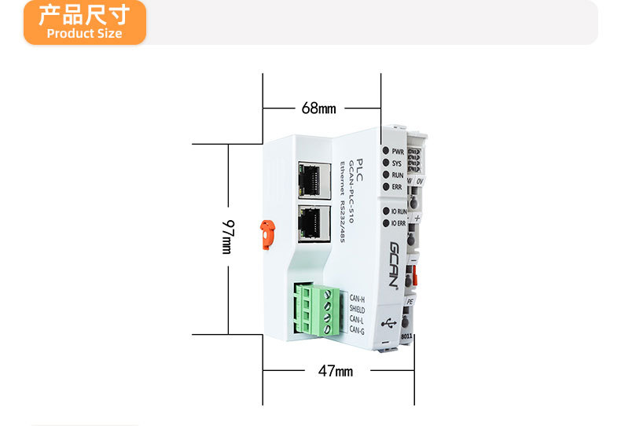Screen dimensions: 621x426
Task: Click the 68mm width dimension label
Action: (318, 108)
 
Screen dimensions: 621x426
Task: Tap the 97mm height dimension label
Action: (227, 236)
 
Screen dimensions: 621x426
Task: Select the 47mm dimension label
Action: (336, 370)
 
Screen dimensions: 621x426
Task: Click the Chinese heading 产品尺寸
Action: (83, 16)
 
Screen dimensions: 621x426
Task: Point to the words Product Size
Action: (84, 34)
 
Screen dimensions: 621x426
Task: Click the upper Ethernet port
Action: (313, 180)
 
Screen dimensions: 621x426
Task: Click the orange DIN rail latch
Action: (267, 233)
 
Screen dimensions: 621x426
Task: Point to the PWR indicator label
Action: (397, 151)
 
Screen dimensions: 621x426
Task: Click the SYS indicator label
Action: (397, 163)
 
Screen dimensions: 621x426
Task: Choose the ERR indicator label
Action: (397, 187)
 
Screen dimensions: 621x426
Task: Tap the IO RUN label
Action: (399, 211)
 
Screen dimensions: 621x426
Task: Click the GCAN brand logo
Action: (396, 265)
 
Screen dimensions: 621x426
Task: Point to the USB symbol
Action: (388, 322)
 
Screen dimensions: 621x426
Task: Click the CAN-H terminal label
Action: (357, 299)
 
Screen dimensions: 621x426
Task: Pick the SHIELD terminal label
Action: (357, 310)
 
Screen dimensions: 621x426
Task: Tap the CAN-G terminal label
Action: (357, 331)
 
